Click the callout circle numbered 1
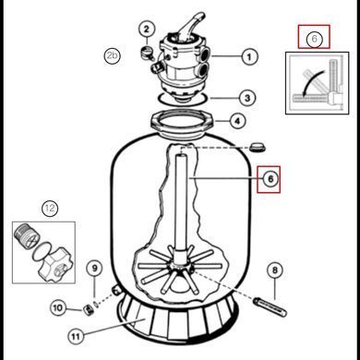(249, 56)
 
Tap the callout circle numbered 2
(147, 30)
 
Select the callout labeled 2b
(112, 55)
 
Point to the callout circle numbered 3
(247, 98)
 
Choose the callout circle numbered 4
(238, 121)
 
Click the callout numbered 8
(275, 270)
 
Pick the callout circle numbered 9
(94, 269)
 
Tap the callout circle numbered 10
(58, 307)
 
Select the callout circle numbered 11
(76, 336)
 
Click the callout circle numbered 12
(50, 209)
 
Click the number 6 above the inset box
(314, 39)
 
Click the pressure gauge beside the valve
(147, 53)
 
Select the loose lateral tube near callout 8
(270, 306)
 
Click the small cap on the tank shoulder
(258, 147)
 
